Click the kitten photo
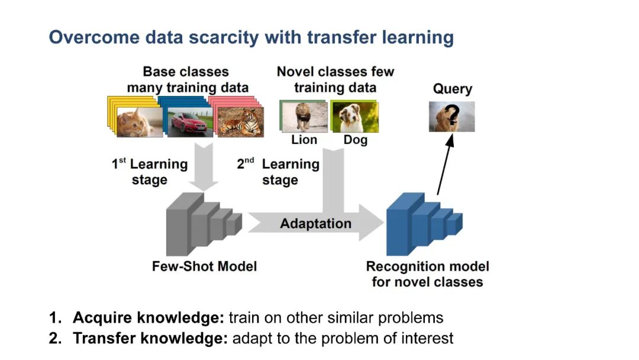click(x=139, y=122)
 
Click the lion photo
click(x=304, y=117)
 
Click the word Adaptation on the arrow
click(x=315, y=224)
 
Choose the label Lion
click(x=304, y=140)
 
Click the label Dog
click(x=355, y=140)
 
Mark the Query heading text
click(x=452, y=89)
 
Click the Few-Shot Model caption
click(x=204, y=266)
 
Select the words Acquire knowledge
click(x=148, y=318)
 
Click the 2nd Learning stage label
click(x=278, y=172)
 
